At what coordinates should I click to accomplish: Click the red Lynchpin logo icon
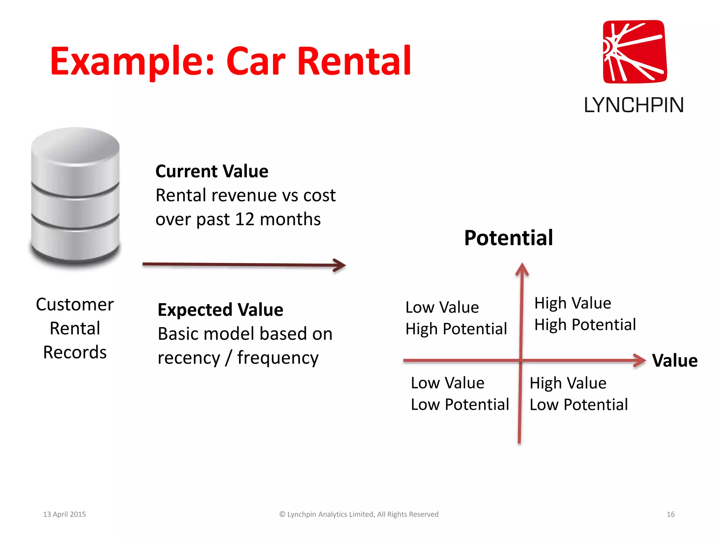(635, 52)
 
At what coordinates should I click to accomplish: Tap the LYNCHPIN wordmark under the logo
(634, 105)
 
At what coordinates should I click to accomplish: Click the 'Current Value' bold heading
(212, 171)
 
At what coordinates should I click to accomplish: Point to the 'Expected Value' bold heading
(220, 310)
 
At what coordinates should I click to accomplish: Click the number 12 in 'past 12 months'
(244, 219)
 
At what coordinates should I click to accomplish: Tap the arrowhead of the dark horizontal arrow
(339, 265)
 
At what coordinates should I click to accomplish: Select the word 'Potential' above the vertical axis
(508, 238)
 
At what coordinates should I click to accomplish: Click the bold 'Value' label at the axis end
(675, 360)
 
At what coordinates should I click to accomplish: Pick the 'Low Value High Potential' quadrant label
(456, 318)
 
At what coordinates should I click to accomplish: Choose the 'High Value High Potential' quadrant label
(585, 314)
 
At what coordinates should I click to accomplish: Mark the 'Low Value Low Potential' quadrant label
(460, 394)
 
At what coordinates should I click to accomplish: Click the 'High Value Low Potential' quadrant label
(578, 394)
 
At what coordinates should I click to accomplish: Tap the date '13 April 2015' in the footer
(65, 514)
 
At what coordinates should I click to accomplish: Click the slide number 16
(670, 514)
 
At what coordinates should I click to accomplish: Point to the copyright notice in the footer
(359, 514)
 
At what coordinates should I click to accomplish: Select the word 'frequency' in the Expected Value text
(278, 358)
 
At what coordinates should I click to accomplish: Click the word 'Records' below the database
(75, 352)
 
